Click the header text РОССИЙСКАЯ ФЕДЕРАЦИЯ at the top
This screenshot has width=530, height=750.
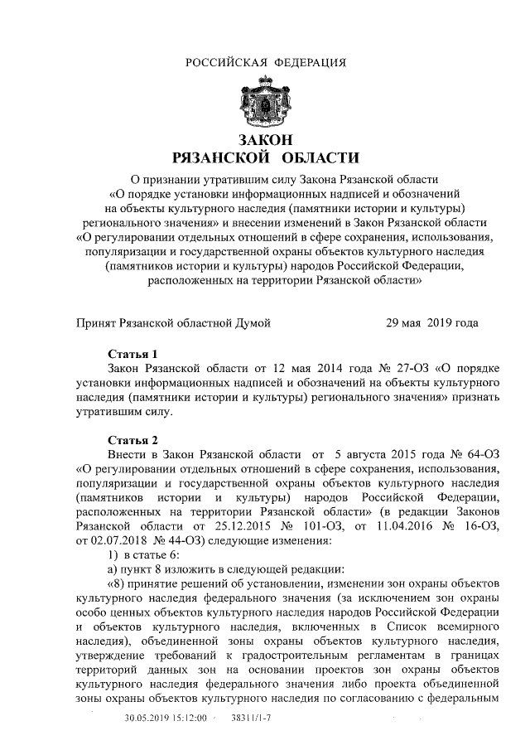coord(265,63)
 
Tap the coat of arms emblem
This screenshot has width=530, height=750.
coord(266,104)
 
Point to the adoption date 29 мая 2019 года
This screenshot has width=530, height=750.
coord(431,322)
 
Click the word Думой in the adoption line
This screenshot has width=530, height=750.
coord(251,322)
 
